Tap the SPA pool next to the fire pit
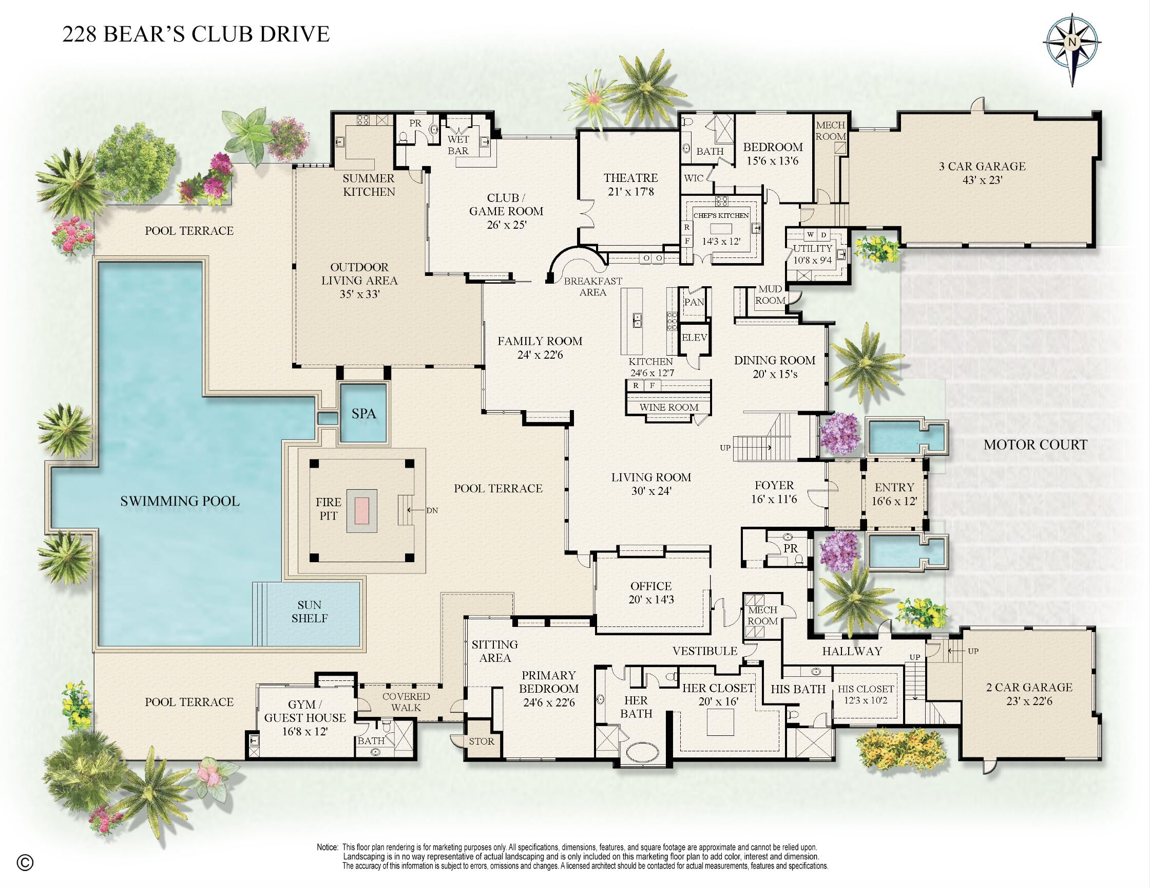[363, 414]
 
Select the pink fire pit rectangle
[362, 510]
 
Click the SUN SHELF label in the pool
[309, 612]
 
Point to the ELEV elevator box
[694, 337]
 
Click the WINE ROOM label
[669, 407]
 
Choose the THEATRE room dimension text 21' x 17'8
[630, 192]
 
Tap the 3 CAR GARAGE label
[982, 166]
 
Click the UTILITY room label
[813, 248]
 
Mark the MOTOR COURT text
[1035, 445]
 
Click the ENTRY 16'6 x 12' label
[894, 494]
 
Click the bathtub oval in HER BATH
[639, 751]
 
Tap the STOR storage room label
[481, 741]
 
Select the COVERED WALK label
[406, 702]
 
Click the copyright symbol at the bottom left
[25, 863]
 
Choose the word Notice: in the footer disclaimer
[327, 847]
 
